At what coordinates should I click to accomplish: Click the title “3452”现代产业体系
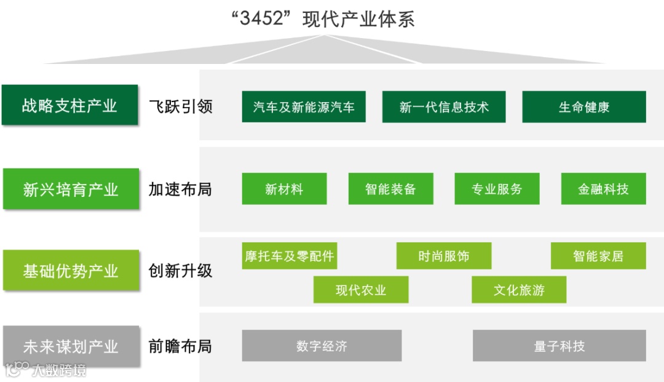324,19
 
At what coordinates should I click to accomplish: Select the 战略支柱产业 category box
69,105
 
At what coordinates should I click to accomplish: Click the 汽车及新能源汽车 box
304,107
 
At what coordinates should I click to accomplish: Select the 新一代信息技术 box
444,107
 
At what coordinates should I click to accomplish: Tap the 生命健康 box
584,107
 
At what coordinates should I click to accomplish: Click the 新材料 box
284,189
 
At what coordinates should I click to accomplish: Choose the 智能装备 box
390,189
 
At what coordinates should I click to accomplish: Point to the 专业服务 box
497,189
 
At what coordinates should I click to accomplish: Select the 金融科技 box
603,189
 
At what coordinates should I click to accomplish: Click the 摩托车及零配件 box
289,256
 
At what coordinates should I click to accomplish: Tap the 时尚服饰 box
444,256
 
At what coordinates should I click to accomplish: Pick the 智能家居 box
598,256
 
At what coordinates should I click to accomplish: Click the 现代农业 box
361,290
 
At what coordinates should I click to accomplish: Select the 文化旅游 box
519,290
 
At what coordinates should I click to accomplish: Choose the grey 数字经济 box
322,346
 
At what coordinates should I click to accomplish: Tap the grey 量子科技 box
559,346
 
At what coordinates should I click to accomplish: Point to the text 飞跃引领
180,106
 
